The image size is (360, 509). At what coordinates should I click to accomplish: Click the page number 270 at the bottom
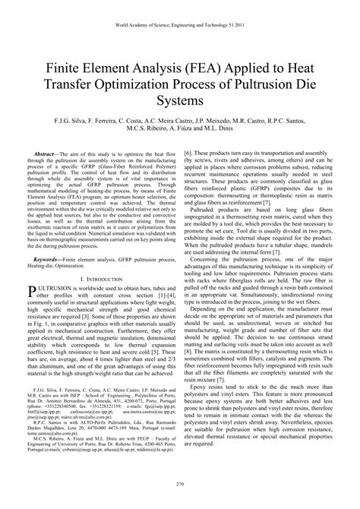[x=180, y=483]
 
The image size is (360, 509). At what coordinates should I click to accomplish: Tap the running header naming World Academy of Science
[x=180, y=24]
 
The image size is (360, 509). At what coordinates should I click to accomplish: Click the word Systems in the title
[x=180, y=100]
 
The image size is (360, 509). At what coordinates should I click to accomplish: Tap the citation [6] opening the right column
[x=188, y=153]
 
